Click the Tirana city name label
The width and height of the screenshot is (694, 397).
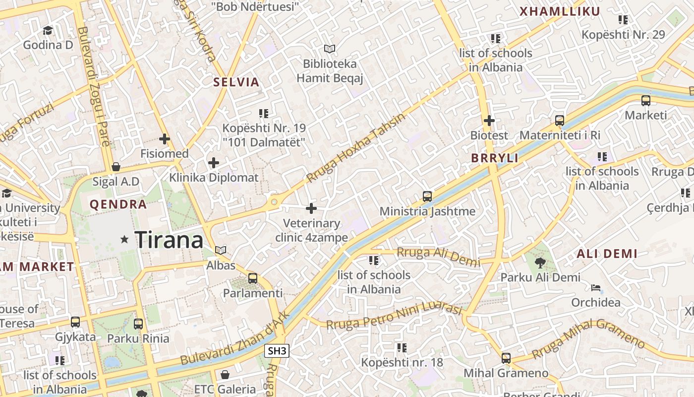click(x=169, y=240)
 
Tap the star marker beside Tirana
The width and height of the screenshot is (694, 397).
click(x=124, y=240)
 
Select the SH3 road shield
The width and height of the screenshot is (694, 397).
click(x=277, y=351)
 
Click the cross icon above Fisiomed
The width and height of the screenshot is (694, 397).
click(x=165, y=139)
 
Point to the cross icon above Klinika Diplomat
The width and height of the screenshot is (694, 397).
click(x=214, y=163)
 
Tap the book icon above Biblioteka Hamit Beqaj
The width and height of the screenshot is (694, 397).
click(x=330, y=49)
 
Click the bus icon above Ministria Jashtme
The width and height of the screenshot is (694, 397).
click(x=427, y=197)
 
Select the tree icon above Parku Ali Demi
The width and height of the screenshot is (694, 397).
click(x=540, y=263)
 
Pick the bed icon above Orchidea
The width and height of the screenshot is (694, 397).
click(x=596, y=288)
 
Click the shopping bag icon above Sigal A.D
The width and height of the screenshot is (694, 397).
click(x=116, y=167)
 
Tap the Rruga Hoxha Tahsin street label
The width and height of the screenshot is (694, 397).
click(x=355, y=148)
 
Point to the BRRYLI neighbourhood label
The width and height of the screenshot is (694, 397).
click(x=495, y=158)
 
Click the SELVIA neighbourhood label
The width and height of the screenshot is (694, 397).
click(x=236, y=82)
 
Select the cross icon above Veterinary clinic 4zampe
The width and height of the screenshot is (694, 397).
click(x=311, y=208)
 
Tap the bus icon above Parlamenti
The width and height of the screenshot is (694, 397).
click(x=253, y=278)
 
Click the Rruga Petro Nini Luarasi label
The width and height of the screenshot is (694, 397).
click(x=394, y=316)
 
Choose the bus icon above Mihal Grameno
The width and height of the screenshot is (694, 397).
click(x=506, y=358)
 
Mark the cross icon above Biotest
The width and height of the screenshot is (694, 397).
click(x=489, y=121)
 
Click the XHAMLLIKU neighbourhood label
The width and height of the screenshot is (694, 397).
click(x=560, y=11)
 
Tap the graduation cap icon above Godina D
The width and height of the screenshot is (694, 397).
click(x=48, y=31)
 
